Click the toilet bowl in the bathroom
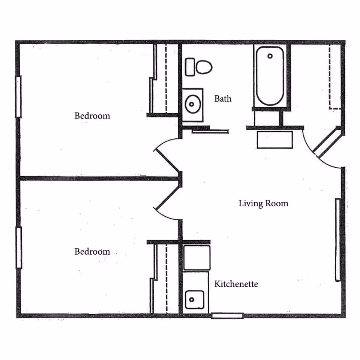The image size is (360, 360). (x=204, y=67)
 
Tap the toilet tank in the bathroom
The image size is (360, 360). (x=190, y=67)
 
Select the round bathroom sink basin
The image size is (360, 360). (x=193, y=104)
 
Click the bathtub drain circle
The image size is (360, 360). (x=270, y=56)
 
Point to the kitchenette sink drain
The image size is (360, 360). (x=192, y=300)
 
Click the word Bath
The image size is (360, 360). (x=223, y=99)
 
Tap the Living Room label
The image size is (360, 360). (x=263, y=203)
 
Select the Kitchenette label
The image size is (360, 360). (x=236, y=284)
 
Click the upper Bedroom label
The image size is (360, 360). (x=92, y=116)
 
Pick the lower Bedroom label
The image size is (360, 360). (x=92, y=252)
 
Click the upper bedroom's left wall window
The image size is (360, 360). (x=18, y=97)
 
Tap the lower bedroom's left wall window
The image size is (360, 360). (x=19, y=248)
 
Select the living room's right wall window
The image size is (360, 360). (x=338, y=240)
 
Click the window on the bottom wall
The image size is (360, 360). (x=227, y=316)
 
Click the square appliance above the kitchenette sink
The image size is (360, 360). (x=197, y=258)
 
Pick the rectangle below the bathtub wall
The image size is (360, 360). (x=275, y=140)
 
